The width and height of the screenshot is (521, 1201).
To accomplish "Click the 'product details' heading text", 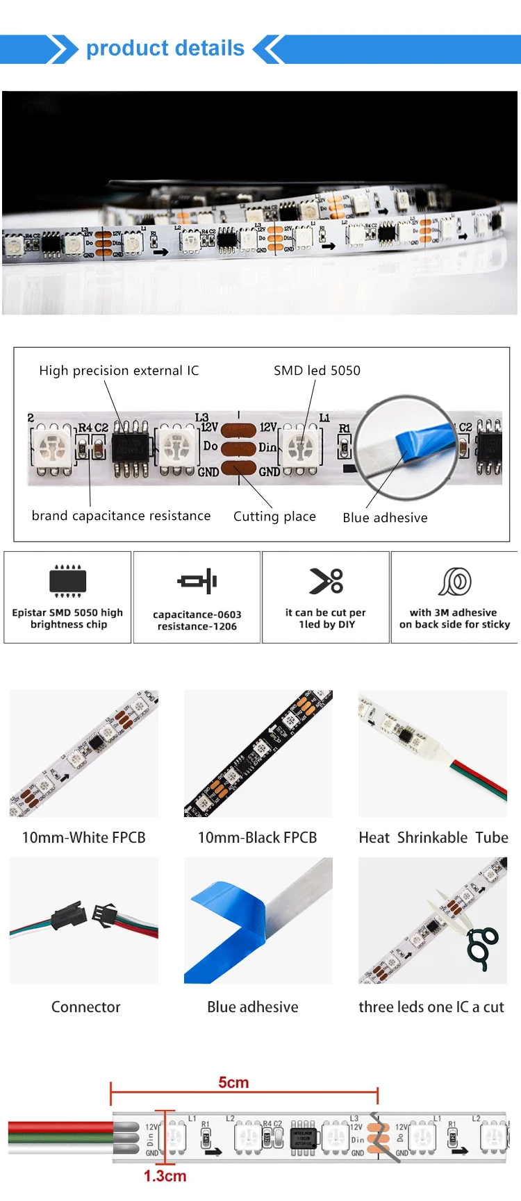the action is (165, 49).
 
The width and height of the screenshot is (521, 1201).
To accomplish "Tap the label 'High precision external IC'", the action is (119, 371).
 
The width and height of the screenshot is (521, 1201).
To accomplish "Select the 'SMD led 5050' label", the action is (317, 371).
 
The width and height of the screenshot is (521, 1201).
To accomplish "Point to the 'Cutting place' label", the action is (274, 516).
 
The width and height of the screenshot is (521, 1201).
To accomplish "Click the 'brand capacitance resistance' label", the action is (121, 516).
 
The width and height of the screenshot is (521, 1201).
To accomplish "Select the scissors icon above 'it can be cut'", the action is (326, 581).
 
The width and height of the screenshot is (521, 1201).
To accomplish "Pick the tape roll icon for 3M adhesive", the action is (455, 582).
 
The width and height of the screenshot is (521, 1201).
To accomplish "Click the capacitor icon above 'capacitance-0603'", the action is (197, 581).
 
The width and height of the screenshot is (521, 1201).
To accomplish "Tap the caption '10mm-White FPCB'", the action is (84, 838).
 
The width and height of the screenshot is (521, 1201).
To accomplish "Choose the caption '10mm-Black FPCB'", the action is (257, 838).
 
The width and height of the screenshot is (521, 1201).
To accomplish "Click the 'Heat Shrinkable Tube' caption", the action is (433, 838).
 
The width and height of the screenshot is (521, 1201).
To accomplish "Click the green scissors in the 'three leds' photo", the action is (481, 947).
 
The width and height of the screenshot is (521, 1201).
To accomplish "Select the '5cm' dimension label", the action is (233, 1083).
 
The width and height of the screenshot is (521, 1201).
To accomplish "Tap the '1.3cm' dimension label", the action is (165, 1176).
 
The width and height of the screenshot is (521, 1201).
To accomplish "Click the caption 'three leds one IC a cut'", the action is (431, 1007).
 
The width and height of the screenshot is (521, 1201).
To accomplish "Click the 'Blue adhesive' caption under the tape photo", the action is (253, 1007).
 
